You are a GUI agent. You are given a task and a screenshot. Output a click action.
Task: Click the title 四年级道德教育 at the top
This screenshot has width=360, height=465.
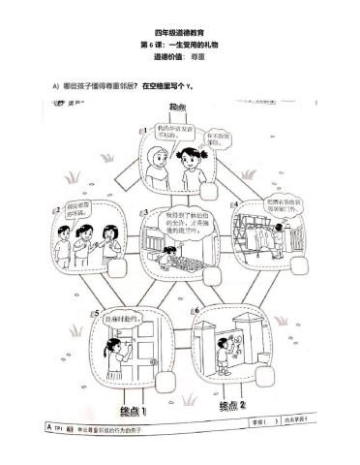(x=179, y=34)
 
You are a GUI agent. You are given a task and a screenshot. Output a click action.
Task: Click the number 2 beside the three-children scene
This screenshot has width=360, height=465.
(x=58, y=206)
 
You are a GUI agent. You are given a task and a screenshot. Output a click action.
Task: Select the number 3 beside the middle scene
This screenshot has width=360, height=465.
(x=146, y=211)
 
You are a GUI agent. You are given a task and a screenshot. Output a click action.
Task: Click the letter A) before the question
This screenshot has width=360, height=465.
(x=55, y=87)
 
